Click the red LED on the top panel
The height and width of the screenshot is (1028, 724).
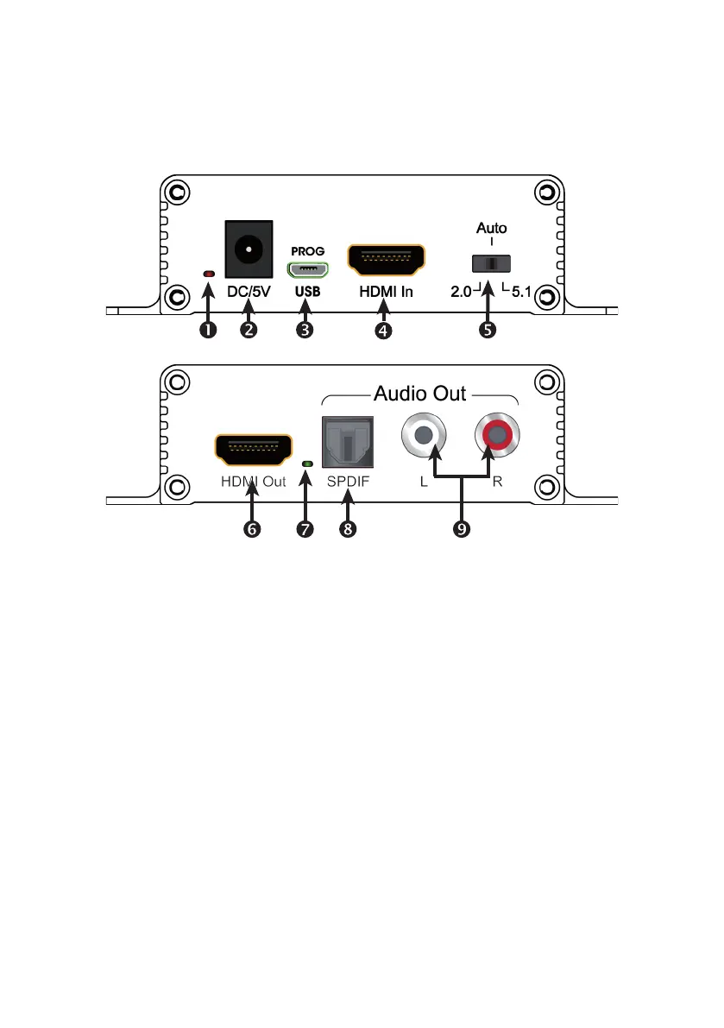(x=208, y=274)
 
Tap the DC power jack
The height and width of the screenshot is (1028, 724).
(x=249, y=249)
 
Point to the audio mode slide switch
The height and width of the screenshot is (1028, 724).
(x=488, y=263)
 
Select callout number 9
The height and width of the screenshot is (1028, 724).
(x=461, y=530)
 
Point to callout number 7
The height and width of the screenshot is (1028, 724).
(x=305, y=530)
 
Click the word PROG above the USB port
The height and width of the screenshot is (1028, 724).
(x=307, y=251)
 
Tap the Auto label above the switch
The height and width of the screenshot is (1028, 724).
(x=492, y=229)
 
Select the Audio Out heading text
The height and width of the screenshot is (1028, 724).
(x=419, y=394)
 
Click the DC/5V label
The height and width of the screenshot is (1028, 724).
(x=249, y=291)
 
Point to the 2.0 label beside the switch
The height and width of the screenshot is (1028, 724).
(x=461, y=291)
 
